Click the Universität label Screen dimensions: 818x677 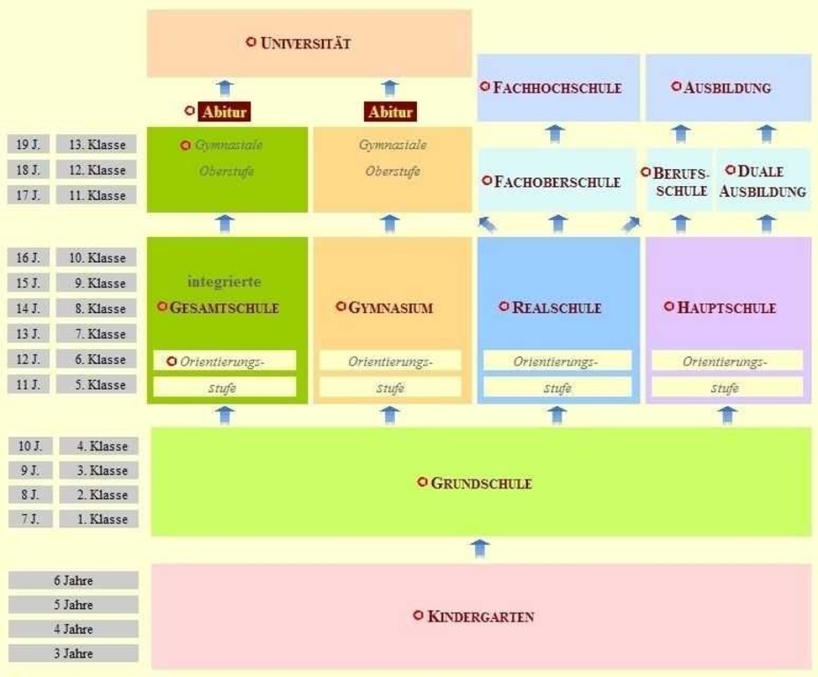point(305,43)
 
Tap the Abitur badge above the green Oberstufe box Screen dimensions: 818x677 point(224,112)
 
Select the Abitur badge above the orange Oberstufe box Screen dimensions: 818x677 point(390,112)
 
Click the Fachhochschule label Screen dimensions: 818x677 point(557,87)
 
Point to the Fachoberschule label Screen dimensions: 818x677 point(557,182)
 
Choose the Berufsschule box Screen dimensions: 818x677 point(680,180)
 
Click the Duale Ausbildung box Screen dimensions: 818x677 point(763,180)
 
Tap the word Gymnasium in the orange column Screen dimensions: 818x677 point(390,307)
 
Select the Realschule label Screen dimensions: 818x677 point(556,307)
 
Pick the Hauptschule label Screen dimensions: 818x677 point(726,307)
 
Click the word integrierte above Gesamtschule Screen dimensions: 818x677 point(224,282)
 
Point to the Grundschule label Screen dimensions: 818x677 point(481,483)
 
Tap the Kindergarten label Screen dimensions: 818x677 point(480,616)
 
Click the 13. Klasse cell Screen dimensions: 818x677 point(96,145)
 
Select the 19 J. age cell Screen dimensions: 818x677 point(28,145)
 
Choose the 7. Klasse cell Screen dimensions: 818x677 point(96,334)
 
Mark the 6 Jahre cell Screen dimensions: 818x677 point(73,581)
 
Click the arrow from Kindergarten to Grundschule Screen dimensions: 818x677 point(480,548)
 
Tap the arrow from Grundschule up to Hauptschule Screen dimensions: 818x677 point(727,415)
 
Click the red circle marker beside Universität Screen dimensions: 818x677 point(251,41)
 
